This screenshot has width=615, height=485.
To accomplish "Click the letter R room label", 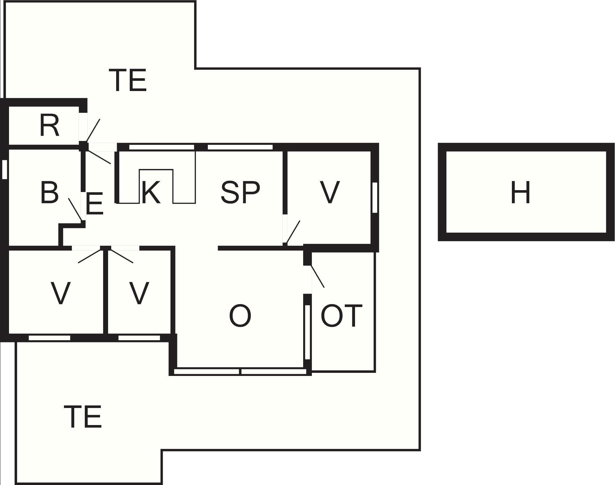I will coord(49,126).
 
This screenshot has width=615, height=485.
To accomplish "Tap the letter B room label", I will coord(49,192).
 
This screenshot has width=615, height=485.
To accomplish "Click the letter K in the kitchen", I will coord(151,193).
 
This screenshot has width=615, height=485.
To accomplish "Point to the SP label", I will coord(240,193).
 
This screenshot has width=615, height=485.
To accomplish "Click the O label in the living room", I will coord(240,316).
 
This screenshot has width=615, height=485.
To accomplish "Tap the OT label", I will coord(341,316).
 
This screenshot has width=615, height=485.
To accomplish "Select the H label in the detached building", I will coord(520,193).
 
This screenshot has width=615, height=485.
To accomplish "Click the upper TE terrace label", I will coord(128,80).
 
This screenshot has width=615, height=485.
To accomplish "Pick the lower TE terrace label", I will coord(83,417).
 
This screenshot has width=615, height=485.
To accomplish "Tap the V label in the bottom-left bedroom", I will coord(60,293).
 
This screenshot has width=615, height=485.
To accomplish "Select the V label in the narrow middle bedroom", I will coord(139,293).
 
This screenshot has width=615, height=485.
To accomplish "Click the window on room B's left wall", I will coord(4,169).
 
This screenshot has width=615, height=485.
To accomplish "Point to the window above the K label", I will coord(161,147).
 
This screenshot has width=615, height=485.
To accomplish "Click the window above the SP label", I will coord(240,147).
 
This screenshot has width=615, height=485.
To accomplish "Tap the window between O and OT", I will coord(307,332).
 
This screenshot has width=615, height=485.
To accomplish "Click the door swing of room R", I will coord(93,131).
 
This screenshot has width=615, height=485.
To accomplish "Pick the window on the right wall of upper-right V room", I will coord(375,198).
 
